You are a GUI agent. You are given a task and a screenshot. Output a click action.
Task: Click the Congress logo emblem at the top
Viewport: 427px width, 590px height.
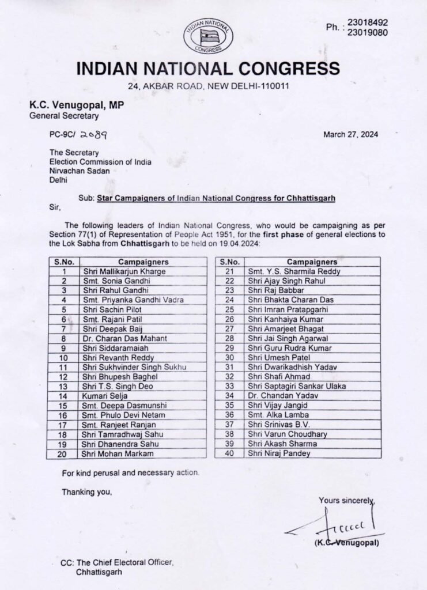[x=209, y=36]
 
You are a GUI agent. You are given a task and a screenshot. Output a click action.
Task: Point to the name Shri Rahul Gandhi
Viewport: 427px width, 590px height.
[x=115, y=290]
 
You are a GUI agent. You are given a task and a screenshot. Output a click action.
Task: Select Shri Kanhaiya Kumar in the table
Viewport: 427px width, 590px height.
[x=275, y=319]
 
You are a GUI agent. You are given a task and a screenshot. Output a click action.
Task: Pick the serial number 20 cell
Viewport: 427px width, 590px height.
[x=64, y=455]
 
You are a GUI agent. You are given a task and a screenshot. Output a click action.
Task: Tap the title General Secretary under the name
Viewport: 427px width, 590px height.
[x=64, y=115]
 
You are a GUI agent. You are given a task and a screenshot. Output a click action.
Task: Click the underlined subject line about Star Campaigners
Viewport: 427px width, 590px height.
[x=216, y=197]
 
